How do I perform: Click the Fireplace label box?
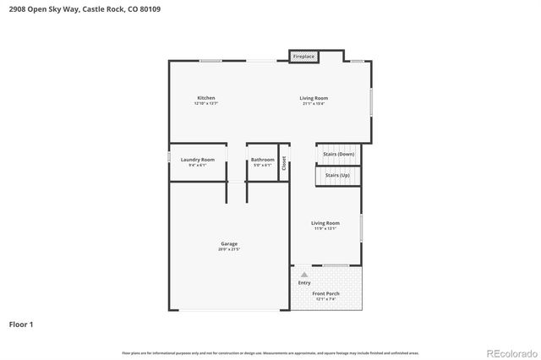click(x=303, y=57)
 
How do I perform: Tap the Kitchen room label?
click(x=206, y=98)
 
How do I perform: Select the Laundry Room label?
click(x=201, y=159)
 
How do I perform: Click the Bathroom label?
click(x=262, y=159)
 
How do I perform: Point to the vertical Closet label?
click(x=284, y=163)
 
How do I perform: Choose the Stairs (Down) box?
click(x=339, y=154)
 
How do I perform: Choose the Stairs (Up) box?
click(x=337, y=177)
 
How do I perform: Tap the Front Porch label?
click(x=325, y=293)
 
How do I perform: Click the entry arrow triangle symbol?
click(x=303, y=275)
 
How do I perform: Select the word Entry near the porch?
click(x=304, y=283)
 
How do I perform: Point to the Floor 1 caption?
click(x=22, y=324)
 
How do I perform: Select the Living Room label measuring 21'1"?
click(x=314, y=98)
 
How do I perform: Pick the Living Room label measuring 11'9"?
click(x=325, y=223)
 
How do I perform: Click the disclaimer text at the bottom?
click(x=270, y=352)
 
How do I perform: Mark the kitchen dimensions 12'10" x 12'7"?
click(x=206, y=103)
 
